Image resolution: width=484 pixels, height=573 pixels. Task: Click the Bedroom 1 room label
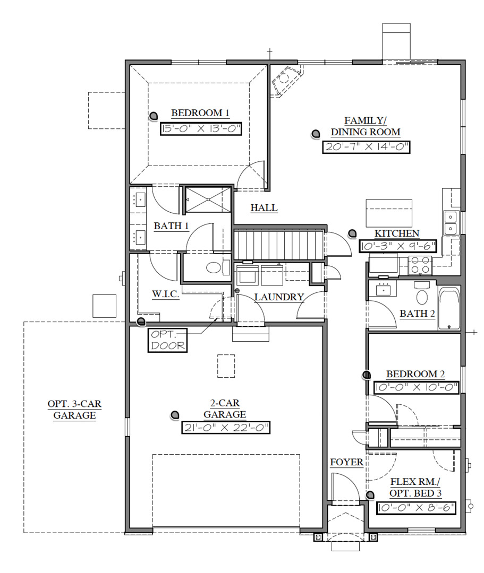(200, 113)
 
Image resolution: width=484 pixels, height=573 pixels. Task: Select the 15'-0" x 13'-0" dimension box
(201, 128)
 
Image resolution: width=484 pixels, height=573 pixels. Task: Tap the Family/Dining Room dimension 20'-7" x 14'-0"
(367, 147)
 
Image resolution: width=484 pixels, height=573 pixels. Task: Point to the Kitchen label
(396, 233)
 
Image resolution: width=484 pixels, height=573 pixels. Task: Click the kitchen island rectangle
(389, 213)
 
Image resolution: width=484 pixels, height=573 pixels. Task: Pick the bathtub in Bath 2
(449, 309)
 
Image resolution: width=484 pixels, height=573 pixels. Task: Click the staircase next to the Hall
(279, 245)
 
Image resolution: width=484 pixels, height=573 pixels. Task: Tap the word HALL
(264, 208)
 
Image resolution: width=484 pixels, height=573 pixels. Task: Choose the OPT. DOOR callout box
(168, 341)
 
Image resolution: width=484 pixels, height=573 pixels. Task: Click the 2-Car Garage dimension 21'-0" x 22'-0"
(226, 428)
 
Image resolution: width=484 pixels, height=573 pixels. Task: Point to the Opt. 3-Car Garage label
(74, 410)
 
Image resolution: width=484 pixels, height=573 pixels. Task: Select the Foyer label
(346, 463)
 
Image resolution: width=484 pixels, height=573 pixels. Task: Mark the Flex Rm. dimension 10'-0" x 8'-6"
(416, 508)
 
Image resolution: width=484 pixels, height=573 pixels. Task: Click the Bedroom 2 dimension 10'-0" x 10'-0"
(416, 388)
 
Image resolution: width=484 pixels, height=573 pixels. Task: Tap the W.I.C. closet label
(165, 294)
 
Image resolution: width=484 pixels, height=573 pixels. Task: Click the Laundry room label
(279, 298)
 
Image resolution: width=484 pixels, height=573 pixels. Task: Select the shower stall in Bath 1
(208, 199)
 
